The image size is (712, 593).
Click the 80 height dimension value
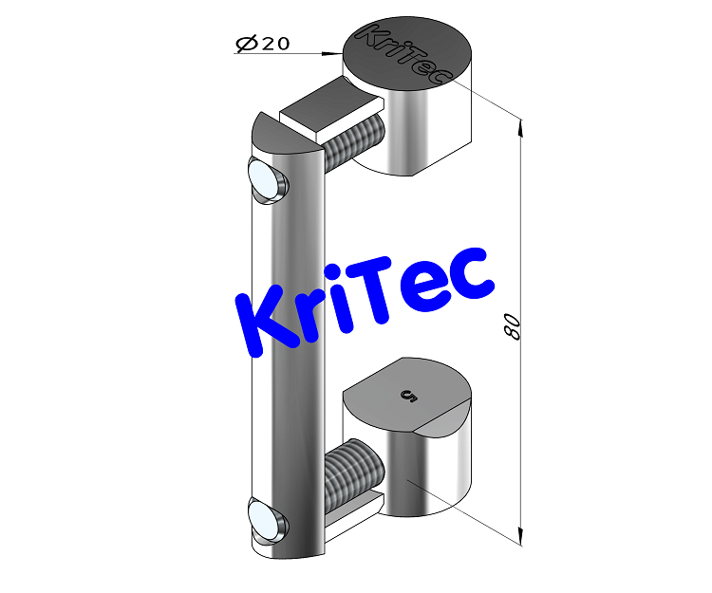tap(512, 327)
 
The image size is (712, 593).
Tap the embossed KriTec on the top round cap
tap(397, 55)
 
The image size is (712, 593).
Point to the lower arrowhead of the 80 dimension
tap(519, 536)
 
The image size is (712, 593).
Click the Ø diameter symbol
tap(243, 43)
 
